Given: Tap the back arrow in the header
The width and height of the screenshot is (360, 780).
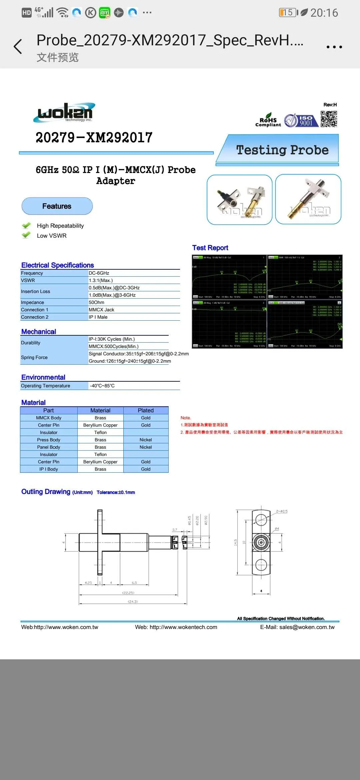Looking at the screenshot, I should tap(18, 46).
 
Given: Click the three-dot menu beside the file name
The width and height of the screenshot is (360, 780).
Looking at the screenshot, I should tap(334, 47).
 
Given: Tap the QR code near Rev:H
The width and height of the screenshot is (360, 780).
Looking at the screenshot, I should tap(329, 119).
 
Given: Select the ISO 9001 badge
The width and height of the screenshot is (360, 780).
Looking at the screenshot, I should tap(299, 120).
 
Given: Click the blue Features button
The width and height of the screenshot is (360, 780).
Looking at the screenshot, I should tap(57, 206).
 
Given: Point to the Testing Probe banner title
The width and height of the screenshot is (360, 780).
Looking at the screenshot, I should tap(282, 150).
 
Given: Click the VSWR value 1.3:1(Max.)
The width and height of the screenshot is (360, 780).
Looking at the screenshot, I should tap(101, 280).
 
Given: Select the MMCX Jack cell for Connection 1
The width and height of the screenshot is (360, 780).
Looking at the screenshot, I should tap(101, 310).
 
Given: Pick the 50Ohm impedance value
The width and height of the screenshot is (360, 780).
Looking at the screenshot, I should tap(96, 302).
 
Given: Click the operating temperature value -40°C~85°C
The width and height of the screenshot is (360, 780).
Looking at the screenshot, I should tap(102, 386).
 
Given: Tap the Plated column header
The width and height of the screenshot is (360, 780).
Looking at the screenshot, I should tap(146, 410).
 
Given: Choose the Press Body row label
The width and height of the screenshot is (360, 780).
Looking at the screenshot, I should tap(49, 440).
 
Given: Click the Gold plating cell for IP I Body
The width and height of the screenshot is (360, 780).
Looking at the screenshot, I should tap(146, 469).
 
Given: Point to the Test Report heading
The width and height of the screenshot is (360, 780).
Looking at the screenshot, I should tap(210, 248).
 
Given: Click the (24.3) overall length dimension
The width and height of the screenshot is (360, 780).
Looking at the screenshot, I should tap(133, 601).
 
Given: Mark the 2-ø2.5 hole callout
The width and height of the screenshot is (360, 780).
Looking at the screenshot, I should tap(282, 511).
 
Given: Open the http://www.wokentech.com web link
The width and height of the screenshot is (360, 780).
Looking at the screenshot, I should tap(183, 627).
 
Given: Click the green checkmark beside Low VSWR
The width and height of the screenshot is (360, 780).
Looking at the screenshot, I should tap(26, 235).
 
